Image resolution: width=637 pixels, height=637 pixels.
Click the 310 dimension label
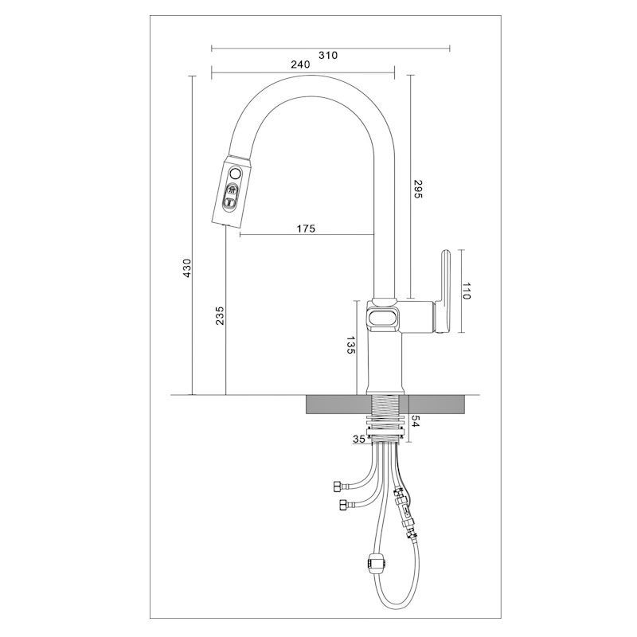(x=328, y=55)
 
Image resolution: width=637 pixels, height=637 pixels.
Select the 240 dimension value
(x=301, y=64)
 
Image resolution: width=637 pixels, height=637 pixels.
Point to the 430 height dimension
(x=187, y=268)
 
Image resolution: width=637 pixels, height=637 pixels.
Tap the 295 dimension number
(x=418, y=189)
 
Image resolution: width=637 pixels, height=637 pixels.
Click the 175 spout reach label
(x=306, y=229)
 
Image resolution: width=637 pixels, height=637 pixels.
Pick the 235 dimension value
(x=220, y=315)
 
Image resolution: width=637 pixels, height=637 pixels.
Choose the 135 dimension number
(x=350, y=345)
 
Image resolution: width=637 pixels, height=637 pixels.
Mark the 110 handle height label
(x=467, y=291)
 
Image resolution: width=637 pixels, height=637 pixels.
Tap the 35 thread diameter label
(x=359, y=440)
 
